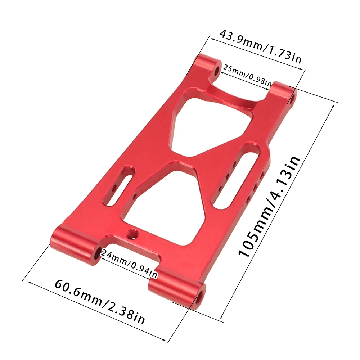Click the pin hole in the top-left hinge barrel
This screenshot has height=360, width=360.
(216, 71)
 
